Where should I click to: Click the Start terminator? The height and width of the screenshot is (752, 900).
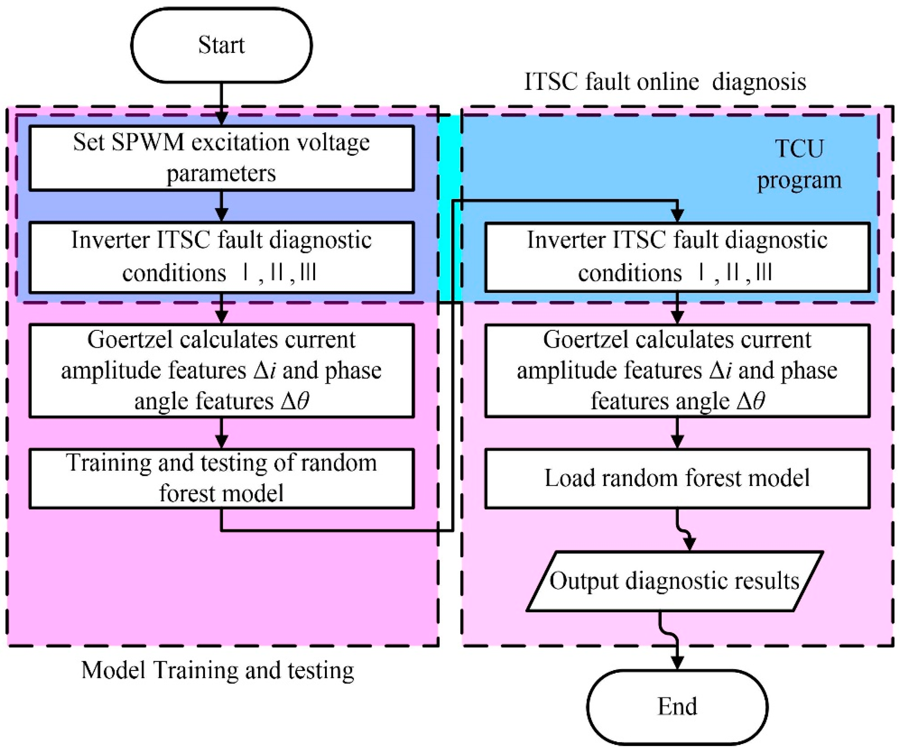point(221,45)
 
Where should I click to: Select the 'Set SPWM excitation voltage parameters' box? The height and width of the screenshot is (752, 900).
point(221,158)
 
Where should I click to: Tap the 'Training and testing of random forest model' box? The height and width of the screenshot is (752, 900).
point(221,478)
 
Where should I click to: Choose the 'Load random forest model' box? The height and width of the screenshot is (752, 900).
point(677,478)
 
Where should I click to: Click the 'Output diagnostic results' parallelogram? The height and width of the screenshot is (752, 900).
point(675,581)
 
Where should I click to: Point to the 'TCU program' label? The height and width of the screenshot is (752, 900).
point(799,164)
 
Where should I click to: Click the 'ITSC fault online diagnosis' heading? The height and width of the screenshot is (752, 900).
point(665,81)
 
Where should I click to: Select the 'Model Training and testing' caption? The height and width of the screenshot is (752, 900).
point(218,670)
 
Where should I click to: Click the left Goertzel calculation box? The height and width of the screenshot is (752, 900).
point(221,370)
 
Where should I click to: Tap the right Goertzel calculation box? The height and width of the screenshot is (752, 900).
point(677,370)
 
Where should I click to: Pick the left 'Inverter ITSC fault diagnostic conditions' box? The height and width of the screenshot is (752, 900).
point(221,257)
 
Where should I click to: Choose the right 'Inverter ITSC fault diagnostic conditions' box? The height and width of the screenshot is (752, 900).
point(677,257)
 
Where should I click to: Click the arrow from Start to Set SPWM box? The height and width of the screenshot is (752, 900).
point(221,103)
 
